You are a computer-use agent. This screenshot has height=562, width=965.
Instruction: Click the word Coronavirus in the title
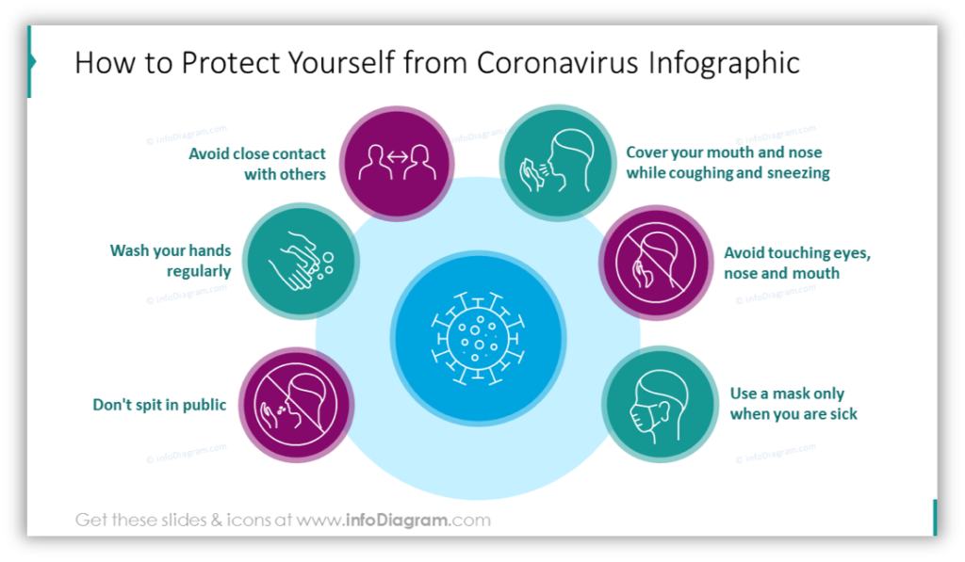point(557,63)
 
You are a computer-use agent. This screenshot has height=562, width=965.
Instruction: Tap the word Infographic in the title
point(724,64)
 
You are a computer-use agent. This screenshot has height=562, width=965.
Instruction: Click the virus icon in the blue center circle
point(478,339)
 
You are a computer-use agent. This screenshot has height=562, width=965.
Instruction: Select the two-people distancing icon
point(397,162)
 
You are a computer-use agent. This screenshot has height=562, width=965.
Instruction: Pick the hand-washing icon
point(301,261)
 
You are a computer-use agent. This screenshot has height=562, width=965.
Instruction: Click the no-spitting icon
point(295,404)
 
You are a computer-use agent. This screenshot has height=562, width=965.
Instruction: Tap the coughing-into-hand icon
point(556,162)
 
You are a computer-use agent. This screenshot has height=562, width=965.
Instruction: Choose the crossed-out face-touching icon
point(656,263)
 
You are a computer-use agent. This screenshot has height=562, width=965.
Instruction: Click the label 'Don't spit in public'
point(159,405)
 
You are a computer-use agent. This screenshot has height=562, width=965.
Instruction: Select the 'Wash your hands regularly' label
point(171,261)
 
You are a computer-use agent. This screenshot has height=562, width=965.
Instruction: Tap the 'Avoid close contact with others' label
point(256,164)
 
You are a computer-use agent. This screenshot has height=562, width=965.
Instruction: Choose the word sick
point(842,414)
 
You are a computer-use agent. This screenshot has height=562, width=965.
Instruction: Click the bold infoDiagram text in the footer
point(397,521)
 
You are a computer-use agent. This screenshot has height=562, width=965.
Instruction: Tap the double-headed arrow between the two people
point(398,157)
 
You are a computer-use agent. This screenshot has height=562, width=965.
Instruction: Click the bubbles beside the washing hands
point(324,265)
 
